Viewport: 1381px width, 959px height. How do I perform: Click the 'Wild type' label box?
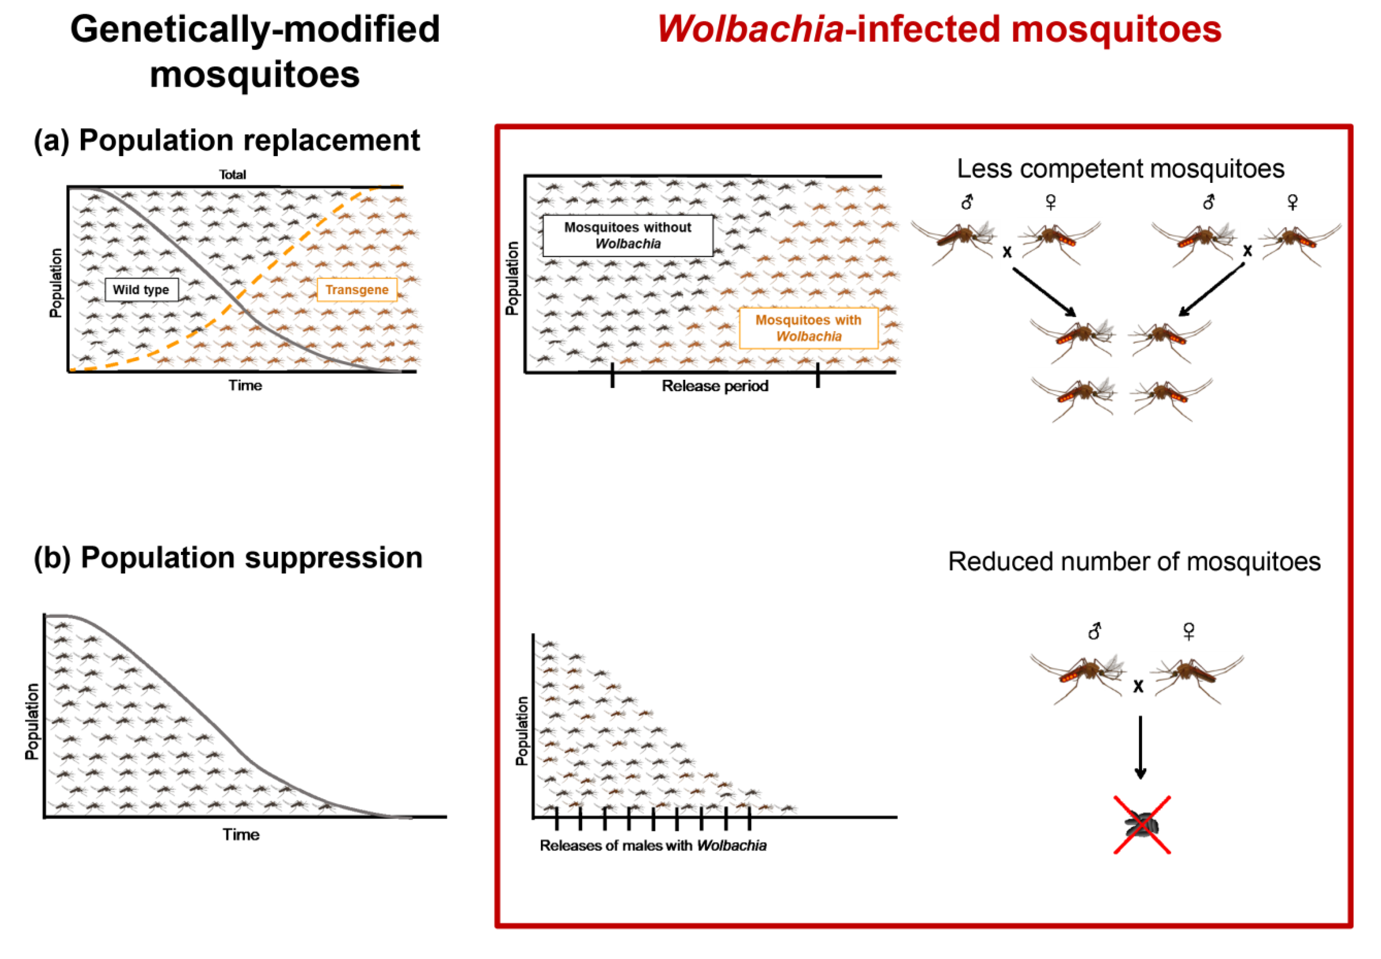tap(141, 289)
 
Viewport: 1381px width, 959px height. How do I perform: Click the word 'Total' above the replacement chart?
tap(232, 175)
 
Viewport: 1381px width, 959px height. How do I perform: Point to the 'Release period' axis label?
tap(715, 386)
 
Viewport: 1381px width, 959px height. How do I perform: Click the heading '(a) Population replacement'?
tap(226, 141)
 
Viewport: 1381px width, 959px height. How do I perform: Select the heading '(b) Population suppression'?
tap(228, 558)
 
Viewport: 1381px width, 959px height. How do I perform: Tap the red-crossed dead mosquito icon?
tap(1141, 825)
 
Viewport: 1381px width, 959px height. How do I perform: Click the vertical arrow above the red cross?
tap(1140, 747)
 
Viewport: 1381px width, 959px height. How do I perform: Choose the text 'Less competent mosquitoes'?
tap(1120, 169)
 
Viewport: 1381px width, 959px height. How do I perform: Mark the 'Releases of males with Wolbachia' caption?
tap(653, 845)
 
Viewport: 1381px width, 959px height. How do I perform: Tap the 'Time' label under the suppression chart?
tap(241, 835)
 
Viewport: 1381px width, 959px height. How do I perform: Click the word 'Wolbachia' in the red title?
tap(750, 29)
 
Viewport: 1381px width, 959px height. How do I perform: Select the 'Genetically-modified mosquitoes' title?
tap(255, 52)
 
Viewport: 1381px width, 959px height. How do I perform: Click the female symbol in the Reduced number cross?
tap(1188, 631)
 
